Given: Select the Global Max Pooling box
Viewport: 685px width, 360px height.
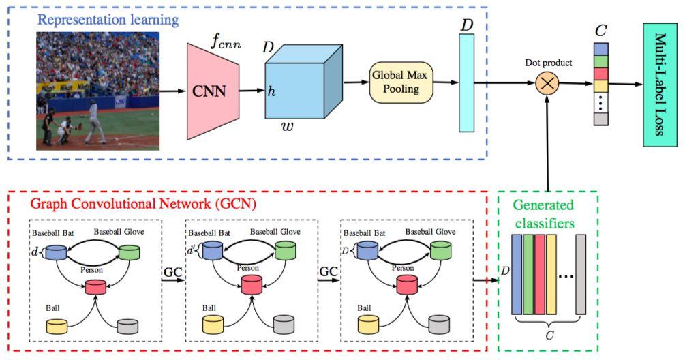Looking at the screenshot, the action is pyautogui.click(x=401, y=82).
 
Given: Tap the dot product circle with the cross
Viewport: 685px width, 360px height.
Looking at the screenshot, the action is pyautogui.click(x=547, y=83).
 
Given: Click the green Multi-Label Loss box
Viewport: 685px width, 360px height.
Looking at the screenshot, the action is pyautogui.click(x=660, y=85).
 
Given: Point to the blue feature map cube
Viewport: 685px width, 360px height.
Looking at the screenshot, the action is pyautogui.click(x=303, y=82).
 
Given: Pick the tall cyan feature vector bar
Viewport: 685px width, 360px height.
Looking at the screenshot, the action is pyautogui.click(x=466, y=83).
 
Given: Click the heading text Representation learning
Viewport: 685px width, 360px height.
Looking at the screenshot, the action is pyautogui.click(x=108, y=20).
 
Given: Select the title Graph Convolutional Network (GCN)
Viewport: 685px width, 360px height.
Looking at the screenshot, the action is pyautogui.click(x=143, y=204).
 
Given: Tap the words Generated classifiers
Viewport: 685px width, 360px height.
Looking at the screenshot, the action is pyautogui.click(x=544, y=214).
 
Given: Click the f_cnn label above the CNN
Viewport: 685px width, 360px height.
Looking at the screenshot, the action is pyautogui.click(x=226, y=42).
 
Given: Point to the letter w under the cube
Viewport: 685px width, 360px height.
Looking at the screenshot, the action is pyautogui.click(x=288, y=127).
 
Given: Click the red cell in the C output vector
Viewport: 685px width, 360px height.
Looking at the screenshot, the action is pyautogui.click(x=601, y=74).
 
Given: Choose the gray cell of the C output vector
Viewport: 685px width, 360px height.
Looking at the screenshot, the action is pyautogui.click(x=601, y=119).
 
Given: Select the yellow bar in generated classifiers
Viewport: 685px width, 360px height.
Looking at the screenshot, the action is pyautogui.click(x=551, y=274).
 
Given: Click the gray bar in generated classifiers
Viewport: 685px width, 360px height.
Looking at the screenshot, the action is pyautogui.click(x=581, y=274).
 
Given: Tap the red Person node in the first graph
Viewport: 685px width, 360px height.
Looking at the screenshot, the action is pyautogui.click(x=95, y=287).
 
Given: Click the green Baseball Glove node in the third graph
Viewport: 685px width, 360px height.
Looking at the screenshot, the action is pyautogui.click(x=441, y=251).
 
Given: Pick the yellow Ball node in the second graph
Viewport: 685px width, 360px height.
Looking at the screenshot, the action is pyautogui.click(x=213, y=325).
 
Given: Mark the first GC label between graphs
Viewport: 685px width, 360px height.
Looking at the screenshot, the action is pyautogui.click(x=172, y=272).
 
